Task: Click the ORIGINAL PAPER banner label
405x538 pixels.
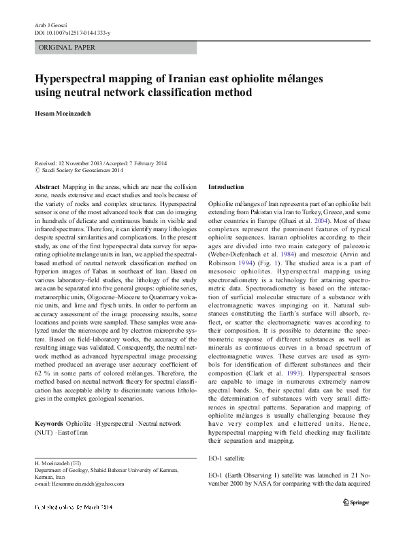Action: point(67,48)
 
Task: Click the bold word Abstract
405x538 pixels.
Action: point(46,186)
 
